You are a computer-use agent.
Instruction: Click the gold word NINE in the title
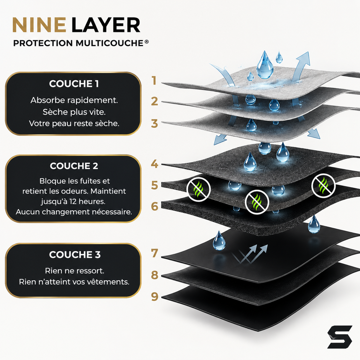point(39,25)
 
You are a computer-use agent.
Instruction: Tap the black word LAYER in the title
point(106,25)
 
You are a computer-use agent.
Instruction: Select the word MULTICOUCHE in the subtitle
point(109,43)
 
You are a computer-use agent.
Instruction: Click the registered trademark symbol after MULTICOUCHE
point(147,41)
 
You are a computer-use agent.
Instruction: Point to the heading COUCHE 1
point(74,84)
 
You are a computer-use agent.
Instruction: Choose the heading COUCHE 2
point(74,166)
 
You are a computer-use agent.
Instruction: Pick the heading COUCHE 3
point(75,254)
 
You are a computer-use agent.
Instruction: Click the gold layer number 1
point(154,81)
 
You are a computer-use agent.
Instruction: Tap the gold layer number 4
point(154,164)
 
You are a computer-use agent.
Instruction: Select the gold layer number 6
point(154,206)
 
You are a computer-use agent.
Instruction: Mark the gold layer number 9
point(154,297)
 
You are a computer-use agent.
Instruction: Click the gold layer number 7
point(154,253)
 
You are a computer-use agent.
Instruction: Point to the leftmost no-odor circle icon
point(199,189)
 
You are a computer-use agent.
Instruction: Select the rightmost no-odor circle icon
point(323,185)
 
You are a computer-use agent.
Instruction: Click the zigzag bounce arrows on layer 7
point(250,254)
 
